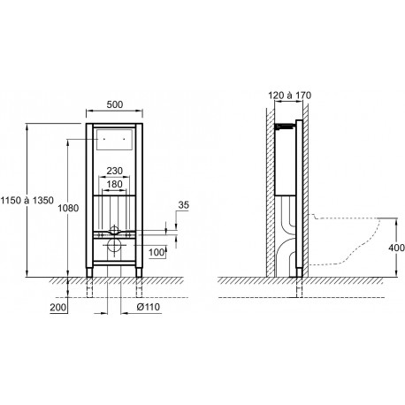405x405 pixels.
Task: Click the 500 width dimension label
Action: tap(115, 104)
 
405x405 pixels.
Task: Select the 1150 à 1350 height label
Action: tap(27, 201)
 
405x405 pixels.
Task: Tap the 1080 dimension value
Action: tap(68, 208)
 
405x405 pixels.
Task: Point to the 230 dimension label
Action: tap(114, 171)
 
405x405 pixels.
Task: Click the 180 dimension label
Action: tap(114, 184)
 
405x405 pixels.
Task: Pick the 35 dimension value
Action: tap(183, 205)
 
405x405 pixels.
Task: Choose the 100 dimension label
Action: tap(157, 252)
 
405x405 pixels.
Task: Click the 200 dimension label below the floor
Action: tap(58, 308)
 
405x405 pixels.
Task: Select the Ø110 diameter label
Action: tap(149, 307)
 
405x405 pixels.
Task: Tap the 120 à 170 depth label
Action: tap(290, 96)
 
